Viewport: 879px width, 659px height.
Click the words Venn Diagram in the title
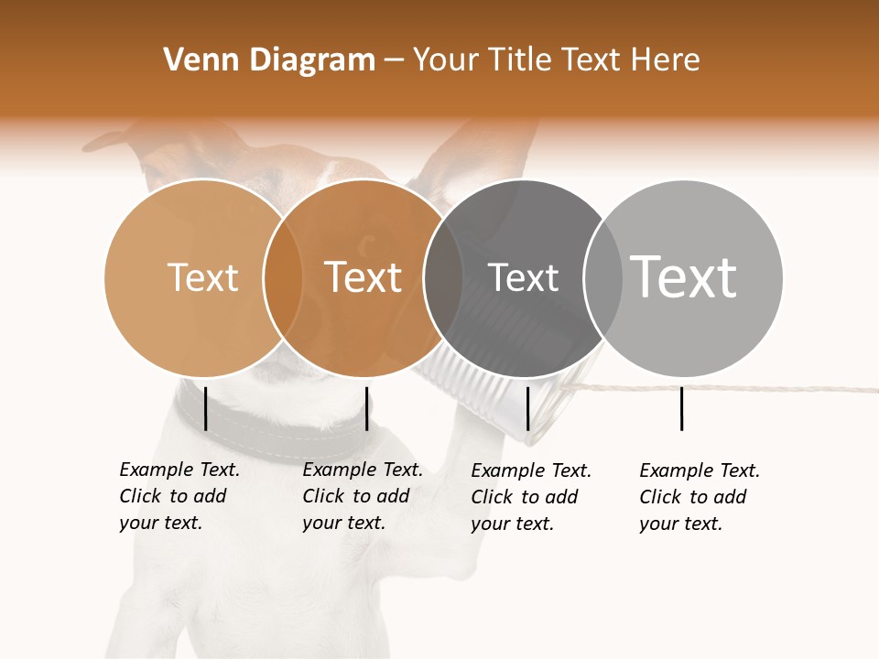269,60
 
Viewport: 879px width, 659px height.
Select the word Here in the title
666,60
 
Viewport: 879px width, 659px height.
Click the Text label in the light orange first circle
202,277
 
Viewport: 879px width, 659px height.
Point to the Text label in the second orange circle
364,277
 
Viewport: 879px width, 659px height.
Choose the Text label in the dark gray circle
523,277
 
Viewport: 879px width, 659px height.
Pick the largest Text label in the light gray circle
684,276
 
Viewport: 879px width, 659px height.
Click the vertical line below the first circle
205,408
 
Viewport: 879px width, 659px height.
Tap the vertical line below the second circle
366,408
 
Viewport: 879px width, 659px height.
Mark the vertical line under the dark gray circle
527,408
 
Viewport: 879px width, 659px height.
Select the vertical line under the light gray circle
681,408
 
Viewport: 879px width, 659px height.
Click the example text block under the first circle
179,496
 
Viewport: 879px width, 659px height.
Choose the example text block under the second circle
363,496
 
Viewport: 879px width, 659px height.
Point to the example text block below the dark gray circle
531,497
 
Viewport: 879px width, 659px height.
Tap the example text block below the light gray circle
700,497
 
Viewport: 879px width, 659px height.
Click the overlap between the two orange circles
283,277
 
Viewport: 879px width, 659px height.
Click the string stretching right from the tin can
732,387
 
